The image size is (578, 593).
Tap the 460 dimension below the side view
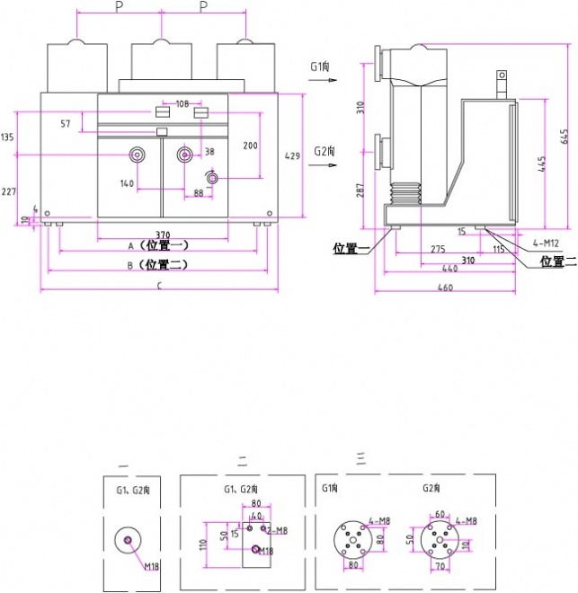(444, 288)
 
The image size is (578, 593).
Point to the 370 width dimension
(163, 234)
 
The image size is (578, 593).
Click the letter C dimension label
(159, 287)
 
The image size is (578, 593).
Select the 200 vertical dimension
(251, 146)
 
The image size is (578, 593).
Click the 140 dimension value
(127, 183)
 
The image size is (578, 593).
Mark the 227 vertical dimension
(8, 191)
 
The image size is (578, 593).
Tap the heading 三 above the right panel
(360, 458)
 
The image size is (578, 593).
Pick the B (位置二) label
(158, 265)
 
